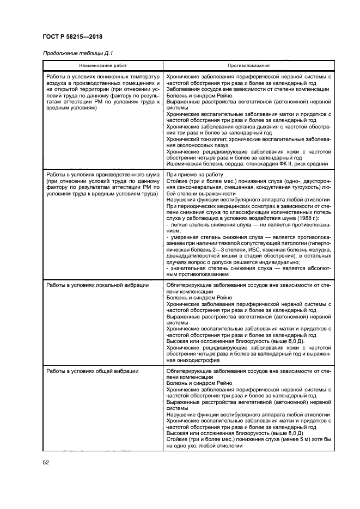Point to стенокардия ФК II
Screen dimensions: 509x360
280,163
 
